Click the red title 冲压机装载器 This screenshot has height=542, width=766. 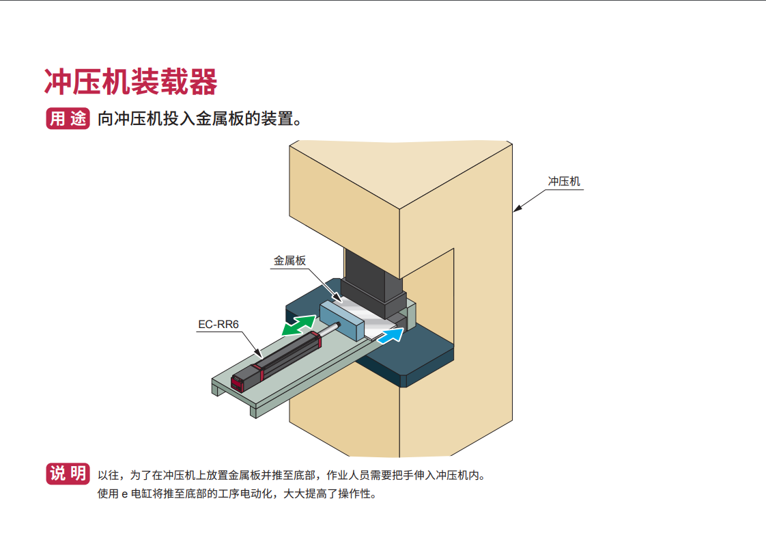coord(130,82)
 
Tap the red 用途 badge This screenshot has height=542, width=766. coord(68,118)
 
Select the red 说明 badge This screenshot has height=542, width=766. coord(68,474)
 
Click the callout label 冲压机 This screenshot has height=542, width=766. coord(564,182)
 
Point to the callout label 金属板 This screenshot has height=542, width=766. coord(289,260)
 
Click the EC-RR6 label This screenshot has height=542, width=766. coord(218,325)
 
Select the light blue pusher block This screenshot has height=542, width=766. coord(343,321)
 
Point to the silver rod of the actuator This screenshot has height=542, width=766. coord(329,329)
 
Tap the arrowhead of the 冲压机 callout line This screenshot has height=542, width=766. coord(517,209)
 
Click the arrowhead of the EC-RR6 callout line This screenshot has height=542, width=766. coord(259,353)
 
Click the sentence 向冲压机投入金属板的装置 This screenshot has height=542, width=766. coord(200,118)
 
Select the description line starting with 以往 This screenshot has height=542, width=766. coord(292,475)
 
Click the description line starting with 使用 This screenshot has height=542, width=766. coord(238,493)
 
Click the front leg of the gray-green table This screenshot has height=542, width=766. coord(253,411)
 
